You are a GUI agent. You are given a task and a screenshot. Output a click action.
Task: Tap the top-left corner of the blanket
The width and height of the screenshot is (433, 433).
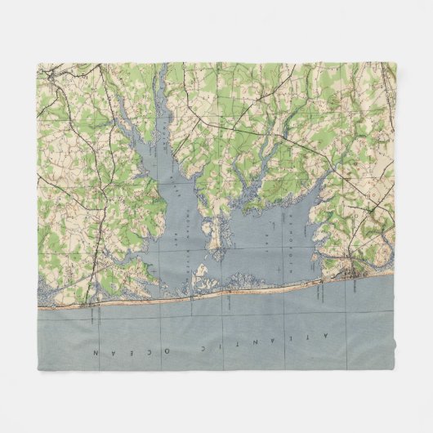[38, 62]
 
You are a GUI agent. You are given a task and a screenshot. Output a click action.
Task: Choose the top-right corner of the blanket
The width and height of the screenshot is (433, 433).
[395, 62]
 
